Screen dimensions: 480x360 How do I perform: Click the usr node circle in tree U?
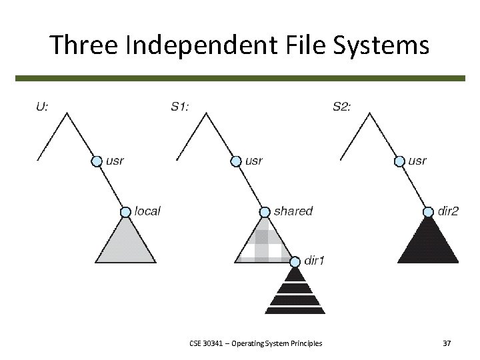click(97, 161)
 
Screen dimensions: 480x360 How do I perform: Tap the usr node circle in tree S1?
click(236, 161)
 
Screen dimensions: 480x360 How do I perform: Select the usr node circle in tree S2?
click(399, 161)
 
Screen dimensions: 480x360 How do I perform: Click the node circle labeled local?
click(125, 212)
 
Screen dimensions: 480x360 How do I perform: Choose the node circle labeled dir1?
click(295, 261)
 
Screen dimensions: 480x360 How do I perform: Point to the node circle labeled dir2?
click(428, 212)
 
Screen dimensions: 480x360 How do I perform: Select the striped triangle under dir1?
click(295, 293)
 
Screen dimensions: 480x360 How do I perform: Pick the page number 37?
click(446, 343)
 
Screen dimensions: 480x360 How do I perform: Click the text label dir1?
click(315, 260)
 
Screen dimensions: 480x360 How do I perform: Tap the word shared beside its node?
click(293, 211)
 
